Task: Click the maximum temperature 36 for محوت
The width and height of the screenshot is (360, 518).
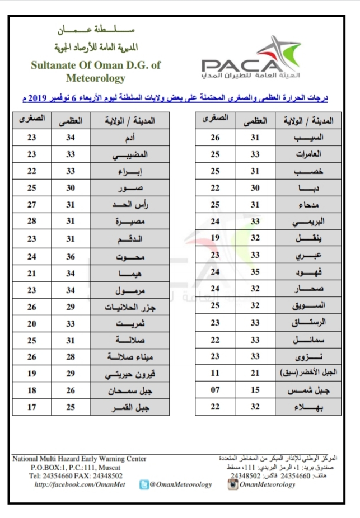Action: [x=71, y=257]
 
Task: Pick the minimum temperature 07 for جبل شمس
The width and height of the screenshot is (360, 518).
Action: [x=214, y=390]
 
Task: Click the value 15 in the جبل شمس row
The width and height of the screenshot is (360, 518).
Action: [x=254, y=390]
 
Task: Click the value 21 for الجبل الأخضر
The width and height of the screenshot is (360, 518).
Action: [x=254, y=373]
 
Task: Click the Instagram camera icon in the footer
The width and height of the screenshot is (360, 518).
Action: [x=232, y=484]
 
